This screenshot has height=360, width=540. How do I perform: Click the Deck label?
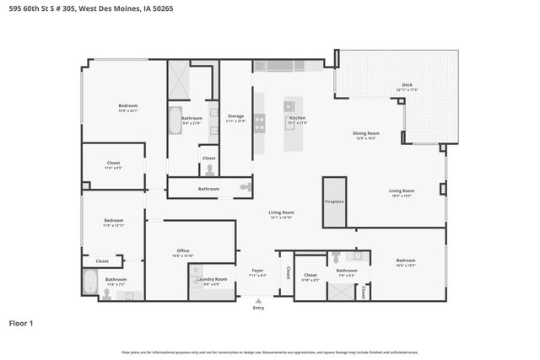(407, 84)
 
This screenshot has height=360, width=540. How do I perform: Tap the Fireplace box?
(334, 201)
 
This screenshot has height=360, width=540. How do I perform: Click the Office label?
(183, 251)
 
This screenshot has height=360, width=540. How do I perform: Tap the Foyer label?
(257, 272)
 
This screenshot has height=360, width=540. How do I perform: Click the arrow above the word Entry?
(258, 299)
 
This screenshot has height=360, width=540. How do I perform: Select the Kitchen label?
(298, 117)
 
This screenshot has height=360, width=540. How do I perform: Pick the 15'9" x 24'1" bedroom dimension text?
(127, 110)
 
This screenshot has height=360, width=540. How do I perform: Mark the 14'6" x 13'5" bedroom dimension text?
(406, 265)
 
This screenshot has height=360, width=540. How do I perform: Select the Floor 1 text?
(21, 323)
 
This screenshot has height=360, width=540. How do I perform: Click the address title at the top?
(77, 8)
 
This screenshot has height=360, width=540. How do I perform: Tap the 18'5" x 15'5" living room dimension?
(402, 196)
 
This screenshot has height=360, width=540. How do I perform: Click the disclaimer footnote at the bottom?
(270, 352)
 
